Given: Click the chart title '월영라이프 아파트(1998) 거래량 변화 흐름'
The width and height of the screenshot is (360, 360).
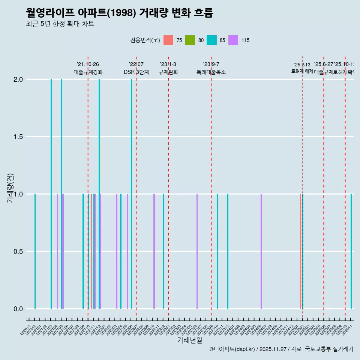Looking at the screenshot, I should (x=120, y=13).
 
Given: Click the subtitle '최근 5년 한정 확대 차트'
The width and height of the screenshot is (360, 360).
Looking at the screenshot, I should (x=60, y=24).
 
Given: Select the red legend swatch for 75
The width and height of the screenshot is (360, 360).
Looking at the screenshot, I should (x=168, y=40).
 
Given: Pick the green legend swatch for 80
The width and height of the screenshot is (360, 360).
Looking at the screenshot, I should (x=190, y=40).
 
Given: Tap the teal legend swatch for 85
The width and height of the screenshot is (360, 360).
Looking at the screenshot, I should (x=211, y=40).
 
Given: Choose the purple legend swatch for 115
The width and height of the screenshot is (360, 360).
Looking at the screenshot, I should (x=233, y=40).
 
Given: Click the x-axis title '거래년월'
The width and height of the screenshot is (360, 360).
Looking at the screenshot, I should (x=189, y=340).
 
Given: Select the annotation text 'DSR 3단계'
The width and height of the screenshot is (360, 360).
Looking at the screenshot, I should (x=136, y=72).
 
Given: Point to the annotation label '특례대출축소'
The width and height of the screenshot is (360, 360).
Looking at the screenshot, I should (x=211, y=72).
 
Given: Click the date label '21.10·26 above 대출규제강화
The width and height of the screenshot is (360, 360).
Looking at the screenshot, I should (x=88, y=64).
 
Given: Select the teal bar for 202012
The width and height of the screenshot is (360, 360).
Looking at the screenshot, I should (x=35, y=251).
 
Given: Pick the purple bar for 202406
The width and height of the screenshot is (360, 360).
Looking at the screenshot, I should (x=261, y=251).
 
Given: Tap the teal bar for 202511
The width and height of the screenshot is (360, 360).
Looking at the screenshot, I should (x=351, y=251).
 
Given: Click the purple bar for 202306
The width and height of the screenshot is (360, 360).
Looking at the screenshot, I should (x=197, y=251).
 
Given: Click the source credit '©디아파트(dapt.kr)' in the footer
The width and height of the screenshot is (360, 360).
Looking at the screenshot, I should (x=232, y=349).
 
